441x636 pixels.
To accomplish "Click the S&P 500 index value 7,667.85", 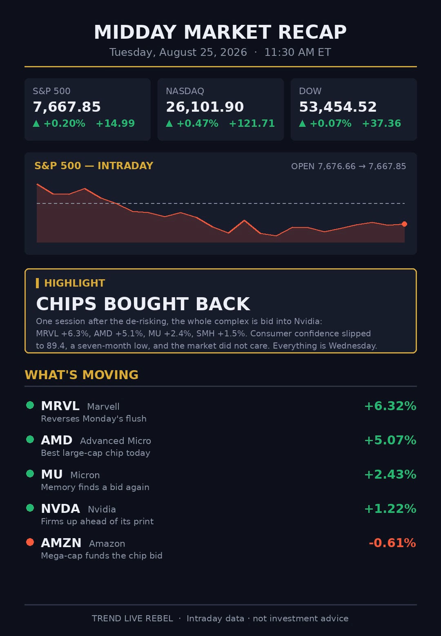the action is pyautogui.click(x=67, y=107).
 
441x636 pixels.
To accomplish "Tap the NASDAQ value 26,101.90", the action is pyautogui.click(x=205, y=107).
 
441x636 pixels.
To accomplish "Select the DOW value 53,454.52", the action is pyautogui.click(x=338, y=107).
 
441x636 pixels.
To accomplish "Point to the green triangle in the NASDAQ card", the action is pyautogui.click(x=169, y=123).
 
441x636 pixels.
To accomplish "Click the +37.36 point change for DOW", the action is pyautogui.click(x=381, y=123).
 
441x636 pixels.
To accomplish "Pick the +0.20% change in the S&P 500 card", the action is pyautogui.click(x=64, y=123).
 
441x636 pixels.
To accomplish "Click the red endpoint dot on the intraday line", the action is pyautogui.click(x=404, y=224).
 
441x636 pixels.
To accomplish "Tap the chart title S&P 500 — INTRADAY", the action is pyautogui.click(x=94, y=166).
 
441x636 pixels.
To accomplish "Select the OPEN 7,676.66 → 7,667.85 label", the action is pyautogui.click(x=348, y=166).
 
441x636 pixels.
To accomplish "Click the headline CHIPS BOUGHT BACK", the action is pyautogui.click(x=143, y=304).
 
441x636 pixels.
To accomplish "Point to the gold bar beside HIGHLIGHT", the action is pyautogui.click(x=37, y=283).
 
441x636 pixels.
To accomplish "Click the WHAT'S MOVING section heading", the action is pyautogui.click(x=82, y=375).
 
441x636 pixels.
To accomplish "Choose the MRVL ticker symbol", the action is pyautogui.click(x=60, y=406).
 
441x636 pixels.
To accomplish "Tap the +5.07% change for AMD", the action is pyautogui.click(x=390, y=440).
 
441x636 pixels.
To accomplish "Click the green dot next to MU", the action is pyautogui.click(x=30, y=473).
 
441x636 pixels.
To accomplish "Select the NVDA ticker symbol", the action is pyautogui.click(x=60, y=509).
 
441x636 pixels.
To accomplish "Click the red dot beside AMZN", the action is pyautogui.click(x=30, y=542).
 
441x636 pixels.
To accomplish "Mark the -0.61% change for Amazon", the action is pyautogui.click(x=392, y=543).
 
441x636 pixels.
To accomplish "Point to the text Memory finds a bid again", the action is pyautogui.click(x=95, y=487).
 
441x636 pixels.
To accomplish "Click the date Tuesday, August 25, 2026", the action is pyautogui.click(x=178, y=52).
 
